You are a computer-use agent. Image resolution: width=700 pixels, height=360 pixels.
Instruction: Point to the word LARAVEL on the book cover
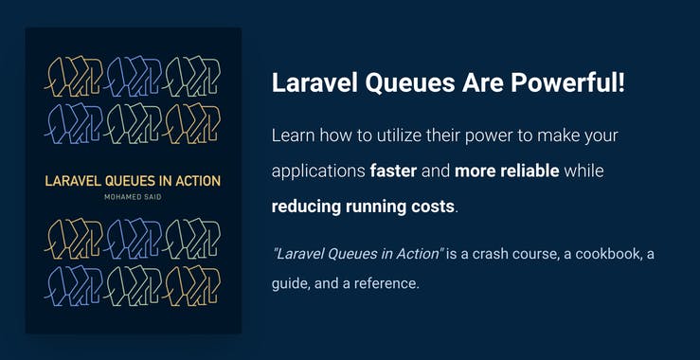coord(74,180)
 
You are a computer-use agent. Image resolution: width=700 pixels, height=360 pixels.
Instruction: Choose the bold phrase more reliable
coord(507,172)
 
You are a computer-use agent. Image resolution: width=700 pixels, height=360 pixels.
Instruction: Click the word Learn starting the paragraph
coord(293,135)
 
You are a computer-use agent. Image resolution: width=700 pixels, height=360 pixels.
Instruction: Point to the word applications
coord(318,172)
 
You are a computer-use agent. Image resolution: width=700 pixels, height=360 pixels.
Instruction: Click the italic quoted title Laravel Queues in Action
coord(357,255)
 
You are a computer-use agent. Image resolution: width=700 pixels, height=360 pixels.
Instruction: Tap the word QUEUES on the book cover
coord(134,180)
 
